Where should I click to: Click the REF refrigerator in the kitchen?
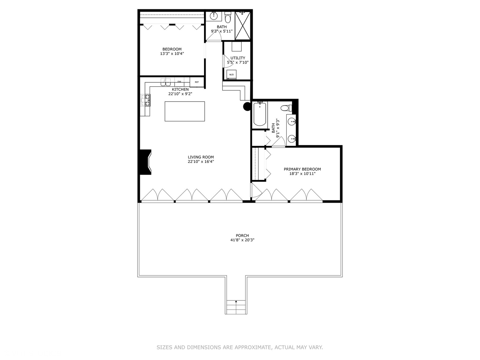coord(197,82)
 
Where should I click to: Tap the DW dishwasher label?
coord(179,82)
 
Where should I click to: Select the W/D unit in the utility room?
coord(231,75)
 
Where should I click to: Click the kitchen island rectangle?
coord(185,111)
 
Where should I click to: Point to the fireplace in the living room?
coord(146,162)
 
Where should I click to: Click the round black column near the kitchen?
coord(247,106)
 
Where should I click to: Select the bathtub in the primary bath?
coord(260,114)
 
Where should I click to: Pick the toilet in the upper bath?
coord(228,17)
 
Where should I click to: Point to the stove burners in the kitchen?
coord(146,100)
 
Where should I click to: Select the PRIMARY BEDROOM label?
coord(302,169)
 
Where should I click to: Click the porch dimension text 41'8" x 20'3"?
coord(242,240)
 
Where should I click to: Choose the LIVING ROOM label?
coord(201,157)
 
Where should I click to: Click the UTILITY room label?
coord(238,58)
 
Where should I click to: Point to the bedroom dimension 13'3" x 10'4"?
coord(172,54)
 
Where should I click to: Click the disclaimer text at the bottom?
coord(240,347)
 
